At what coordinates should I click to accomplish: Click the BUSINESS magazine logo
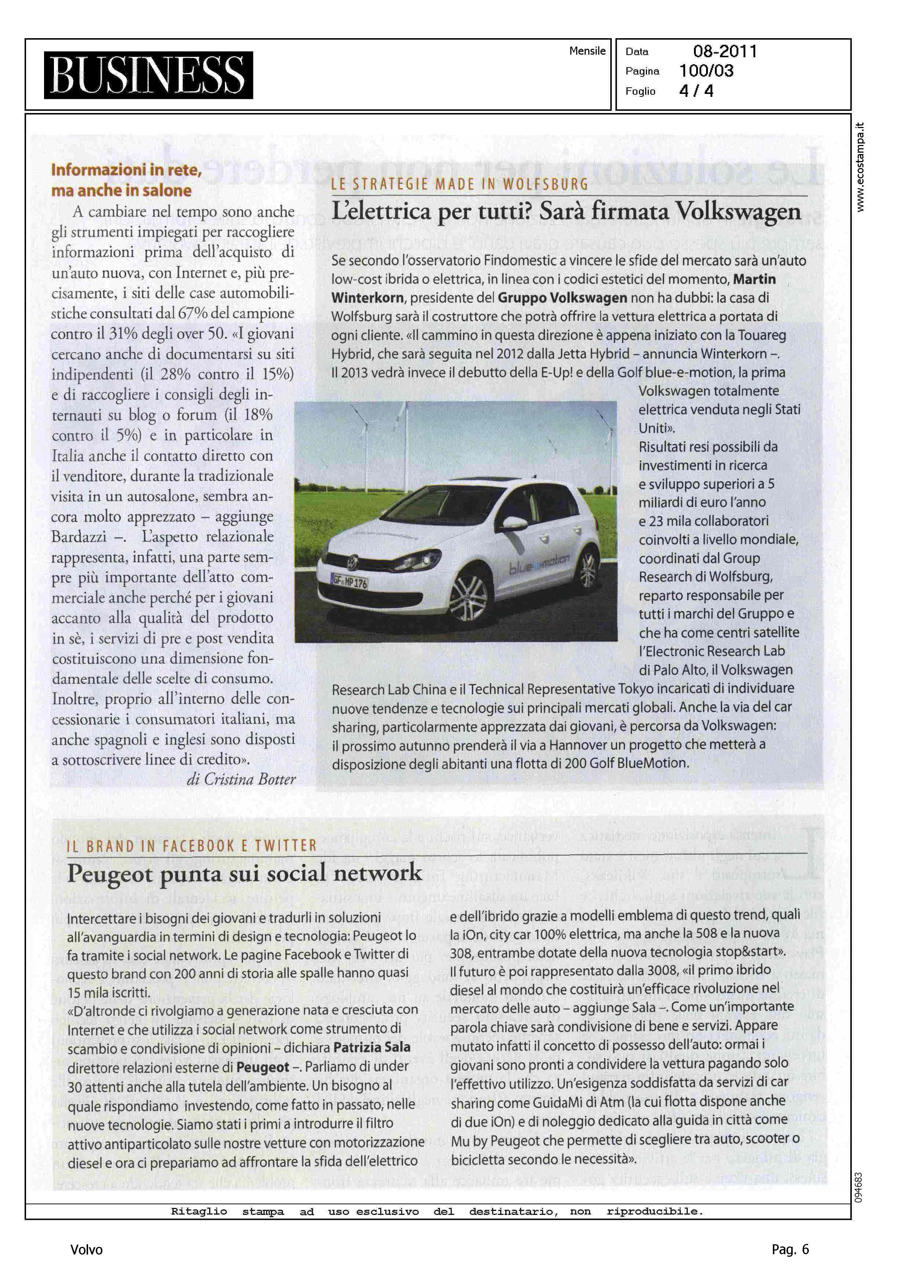(x=148, y=75)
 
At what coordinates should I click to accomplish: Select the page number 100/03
(x=706, y=71)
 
